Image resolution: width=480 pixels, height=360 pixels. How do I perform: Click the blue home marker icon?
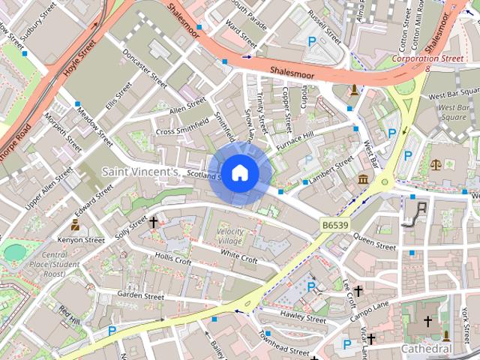(239, 173)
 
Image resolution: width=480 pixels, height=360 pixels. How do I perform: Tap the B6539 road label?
(336, 224)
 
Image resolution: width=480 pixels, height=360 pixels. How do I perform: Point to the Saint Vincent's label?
(140, 172)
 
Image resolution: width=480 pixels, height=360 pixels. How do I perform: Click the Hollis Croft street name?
(173, 259)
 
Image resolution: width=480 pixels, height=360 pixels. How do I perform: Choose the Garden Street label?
(140, 296)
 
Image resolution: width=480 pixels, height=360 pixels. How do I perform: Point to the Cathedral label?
(426, 349)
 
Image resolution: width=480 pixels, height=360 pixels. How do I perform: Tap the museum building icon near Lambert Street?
(364, 179)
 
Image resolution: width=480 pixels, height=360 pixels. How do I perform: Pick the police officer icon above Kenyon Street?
(75, 223)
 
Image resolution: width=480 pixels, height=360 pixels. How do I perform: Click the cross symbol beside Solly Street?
(154, 222)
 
